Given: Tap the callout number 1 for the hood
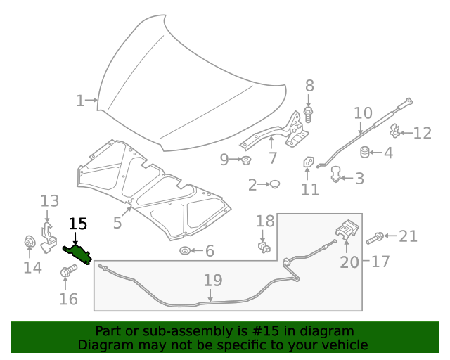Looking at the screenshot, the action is [x=80, y=101].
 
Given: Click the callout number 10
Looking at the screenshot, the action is [x=363, y=112].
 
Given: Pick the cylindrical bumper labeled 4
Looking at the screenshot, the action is [x=365, y=152].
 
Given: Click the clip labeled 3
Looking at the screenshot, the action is [x=337, y=173].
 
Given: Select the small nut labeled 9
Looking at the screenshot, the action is [x=247, y=160].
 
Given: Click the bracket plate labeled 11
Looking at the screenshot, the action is [x=309, y=164].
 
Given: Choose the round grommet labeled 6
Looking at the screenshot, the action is [x=185, y=251].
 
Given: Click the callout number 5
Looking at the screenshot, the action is [x=117, y=223].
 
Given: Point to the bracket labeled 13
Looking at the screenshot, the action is [x=48, y=235].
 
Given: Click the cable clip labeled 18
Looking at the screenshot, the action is [x=263, y=245].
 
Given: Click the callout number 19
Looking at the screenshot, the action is [x=213, y=281].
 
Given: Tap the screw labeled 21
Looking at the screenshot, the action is [x=374, y=238].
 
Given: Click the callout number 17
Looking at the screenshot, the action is [x=380, y=262].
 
